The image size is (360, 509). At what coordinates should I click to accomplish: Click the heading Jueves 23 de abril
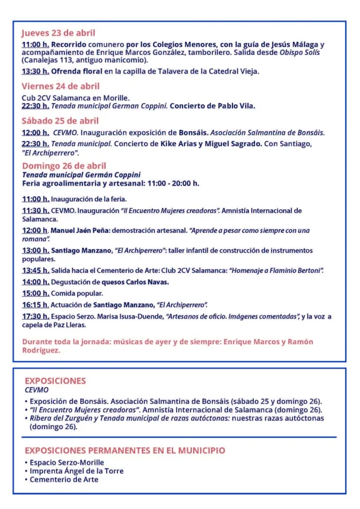[x=58, y=32]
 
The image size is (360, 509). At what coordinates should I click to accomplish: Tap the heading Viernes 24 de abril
[x=61, y=86]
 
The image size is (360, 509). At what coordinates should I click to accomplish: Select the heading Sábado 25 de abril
[x=60, y=121]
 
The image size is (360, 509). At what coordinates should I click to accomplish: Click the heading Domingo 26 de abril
[x=64, y=166]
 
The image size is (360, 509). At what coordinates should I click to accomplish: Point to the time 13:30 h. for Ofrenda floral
[x=35, y=71]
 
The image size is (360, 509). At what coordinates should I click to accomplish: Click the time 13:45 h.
[x=35, y=270]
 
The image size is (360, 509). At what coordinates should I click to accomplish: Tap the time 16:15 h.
[x=35, y=305]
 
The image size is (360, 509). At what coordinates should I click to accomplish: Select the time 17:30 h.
[x=35, y=316]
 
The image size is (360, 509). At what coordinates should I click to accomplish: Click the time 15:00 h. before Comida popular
[x=35, y=293]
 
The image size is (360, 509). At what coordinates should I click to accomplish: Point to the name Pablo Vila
[x=240, y=106]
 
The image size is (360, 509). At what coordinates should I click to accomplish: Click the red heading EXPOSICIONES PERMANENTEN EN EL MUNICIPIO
[x=124, y=450]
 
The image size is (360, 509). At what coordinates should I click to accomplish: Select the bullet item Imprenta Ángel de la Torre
[x=77, y=471]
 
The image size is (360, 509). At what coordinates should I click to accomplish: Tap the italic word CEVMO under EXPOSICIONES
[x=36, y=390]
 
